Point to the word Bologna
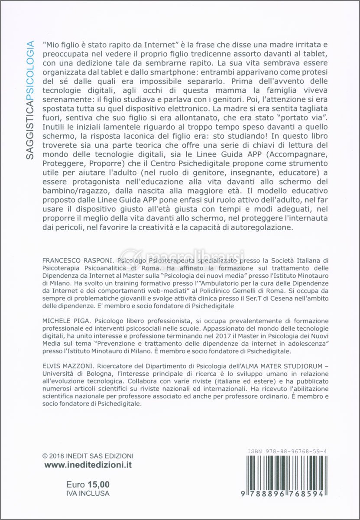pyautogui.click(x=96, y=374)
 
